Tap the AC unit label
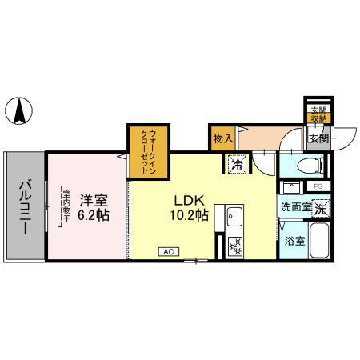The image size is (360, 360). pyautogui.click(x=169, y=251)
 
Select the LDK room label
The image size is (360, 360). pyautogui.click(x=187, y=199)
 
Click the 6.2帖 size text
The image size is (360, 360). pyautogui.click(x=94, y=215)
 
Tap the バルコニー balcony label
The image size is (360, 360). pyautogui.click(x=24, y=206)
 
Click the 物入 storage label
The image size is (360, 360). pyautogui.click(x=222, y=138)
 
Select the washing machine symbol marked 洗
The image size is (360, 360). pyautogui.click(x=320, y=208)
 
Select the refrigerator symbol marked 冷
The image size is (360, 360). pyautogui.click(x=238, y=164)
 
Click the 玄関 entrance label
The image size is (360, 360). pyautogui.click(x=318, y=138)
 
